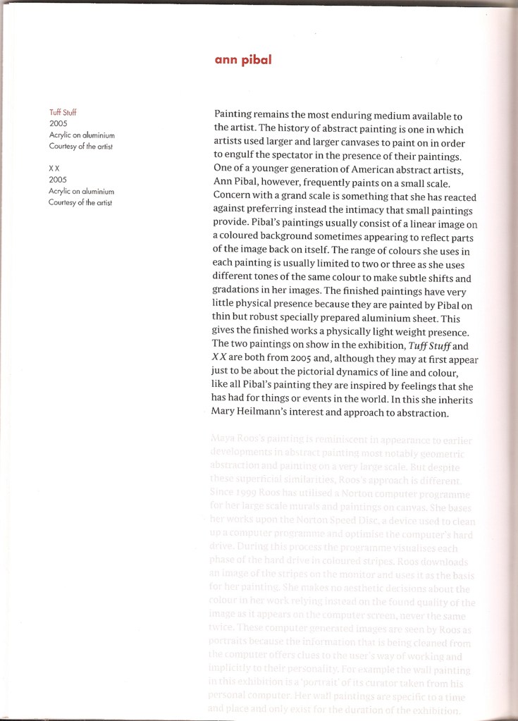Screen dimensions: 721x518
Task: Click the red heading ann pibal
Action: click(243, 61)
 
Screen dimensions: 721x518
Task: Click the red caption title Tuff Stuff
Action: click(63, 112)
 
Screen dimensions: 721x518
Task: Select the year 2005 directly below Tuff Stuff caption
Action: click(58, 123)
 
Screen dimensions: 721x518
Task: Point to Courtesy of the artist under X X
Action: click(80, 202)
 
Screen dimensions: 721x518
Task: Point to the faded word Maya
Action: click(224, 440)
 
